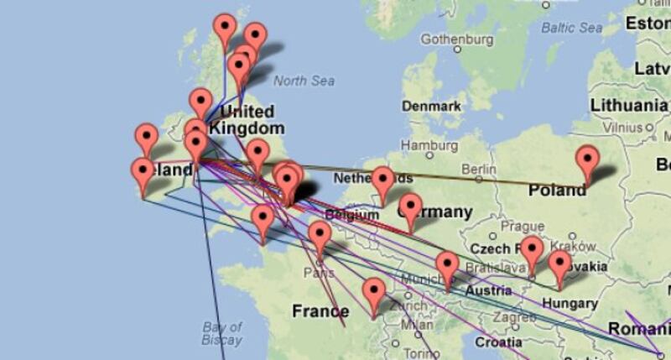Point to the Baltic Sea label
click(x=572, y=28)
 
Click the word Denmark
click(x=431, y=107)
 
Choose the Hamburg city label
click(x=428, y=145)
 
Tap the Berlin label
click(x=478, y=169)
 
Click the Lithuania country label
click(x=628, y=105)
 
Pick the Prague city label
click(x=523, y=227)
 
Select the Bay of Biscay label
click(x=222, y=333)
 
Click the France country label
click(x=320, y=311)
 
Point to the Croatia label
click(x=497, y=342)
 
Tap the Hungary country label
click(x=570, y=303)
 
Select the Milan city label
click(x=416, y=325)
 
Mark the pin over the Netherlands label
click(x=383, y=180)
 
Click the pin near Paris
click(x=320, y=236)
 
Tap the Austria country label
click(x=488, y=290)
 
